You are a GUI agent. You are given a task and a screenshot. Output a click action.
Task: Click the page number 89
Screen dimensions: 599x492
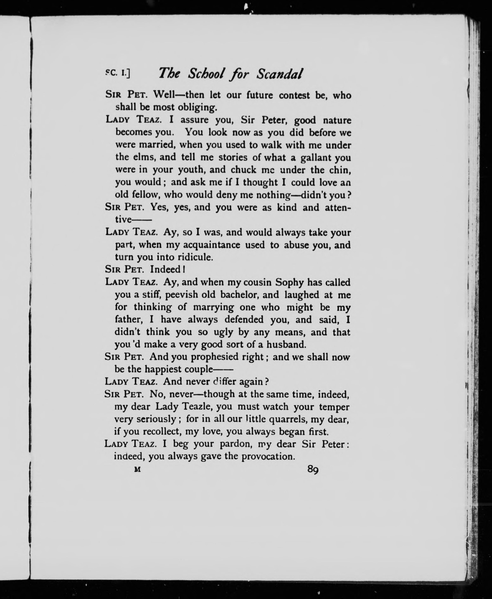(313, 470)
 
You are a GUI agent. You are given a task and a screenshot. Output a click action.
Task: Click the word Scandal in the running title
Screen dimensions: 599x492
(279, 74)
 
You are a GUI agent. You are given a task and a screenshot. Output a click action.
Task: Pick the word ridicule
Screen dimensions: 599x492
(195, 257)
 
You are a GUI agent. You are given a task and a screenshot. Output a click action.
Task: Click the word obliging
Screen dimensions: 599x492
(197, 107)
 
